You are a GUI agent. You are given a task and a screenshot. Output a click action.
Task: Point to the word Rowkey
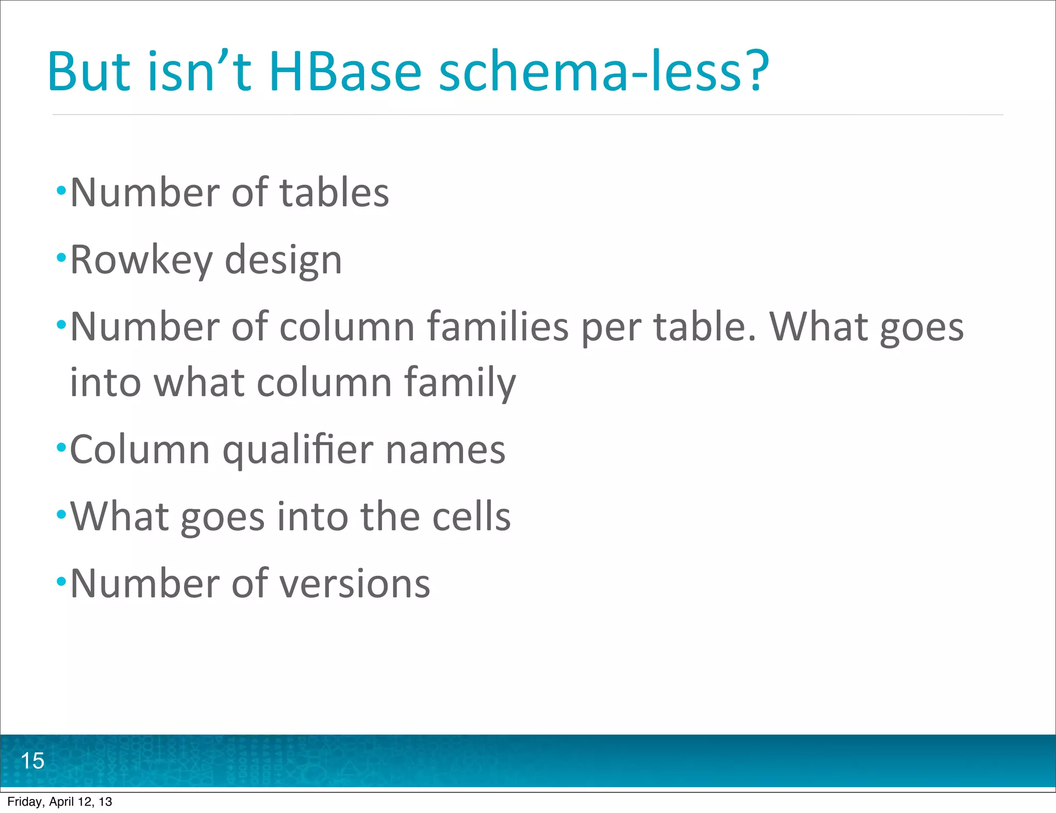pyautogui.click(x=141, y=261)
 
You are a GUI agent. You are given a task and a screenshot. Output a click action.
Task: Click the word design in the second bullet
pyautogui.click(x=284, y=261)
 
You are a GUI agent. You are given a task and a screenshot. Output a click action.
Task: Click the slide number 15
pyautogui.click(x=32, y=761)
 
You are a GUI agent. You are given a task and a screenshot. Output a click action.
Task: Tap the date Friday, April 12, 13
pyautogui.click(x=59, y=802)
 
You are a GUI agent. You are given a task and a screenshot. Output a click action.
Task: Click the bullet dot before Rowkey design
pyautogui.click(x=61, y=256)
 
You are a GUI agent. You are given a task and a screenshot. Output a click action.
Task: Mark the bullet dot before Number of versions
pyautogui.click(x=61, y=581)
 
